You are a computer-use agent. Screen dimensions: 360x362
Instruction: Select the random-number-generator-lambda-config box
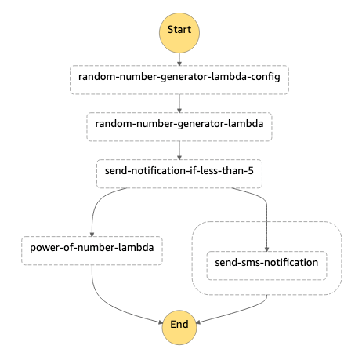point(179,78)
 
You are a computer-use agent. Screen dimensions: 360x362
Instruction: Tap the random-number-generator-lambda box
point(179,125)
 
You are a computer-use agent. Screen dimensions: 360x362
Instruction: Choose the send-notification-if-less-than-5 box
point(179,172)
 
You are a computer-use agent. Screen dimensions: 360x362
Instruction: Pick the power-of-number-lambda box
point(92,249)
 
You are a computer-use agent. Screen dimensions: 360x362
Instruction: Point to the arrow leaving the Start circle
point(179,57)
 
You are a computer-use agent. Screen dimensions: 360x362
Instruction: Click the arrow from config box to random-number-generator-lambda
point(179,102)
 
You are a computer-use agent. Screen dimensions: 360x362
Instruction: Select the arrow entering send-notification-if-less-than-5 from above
point(179,149)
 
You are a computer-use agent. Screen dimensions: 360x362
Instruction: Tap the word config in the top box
point(265,78)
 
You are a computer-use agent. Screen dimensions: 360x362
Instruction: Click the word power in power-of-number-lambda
point(46,249)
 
